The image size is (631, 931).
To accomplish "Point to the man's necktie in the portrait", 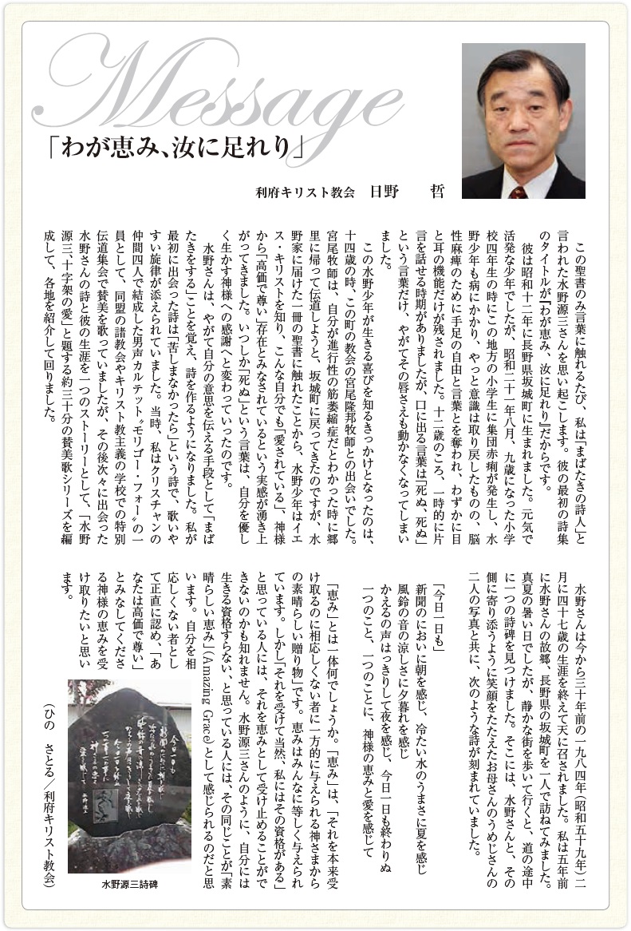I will click(x=519, y=191).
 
